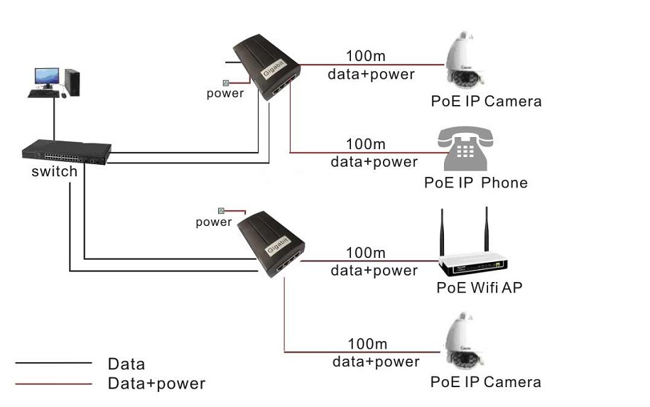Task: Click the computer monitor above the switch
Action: [x=47, y=77]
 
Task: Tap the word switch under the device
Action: [x=54, y=172]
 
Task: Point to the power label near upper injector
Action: [x=225, y=93]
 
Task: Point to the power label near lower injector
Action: [x=214, y=222]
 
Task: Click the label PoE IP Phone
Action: [x=476, y=183]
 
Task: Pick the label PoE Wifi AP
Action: [x=480, y=288]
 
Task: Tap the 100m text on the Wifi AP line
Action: [x=366, y=253]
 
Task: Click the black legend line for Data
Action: [x=54, y=363]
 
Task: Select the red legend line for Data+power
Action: [x=54, y=384]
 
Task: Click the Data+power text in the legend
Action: [x=156, y=384]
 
